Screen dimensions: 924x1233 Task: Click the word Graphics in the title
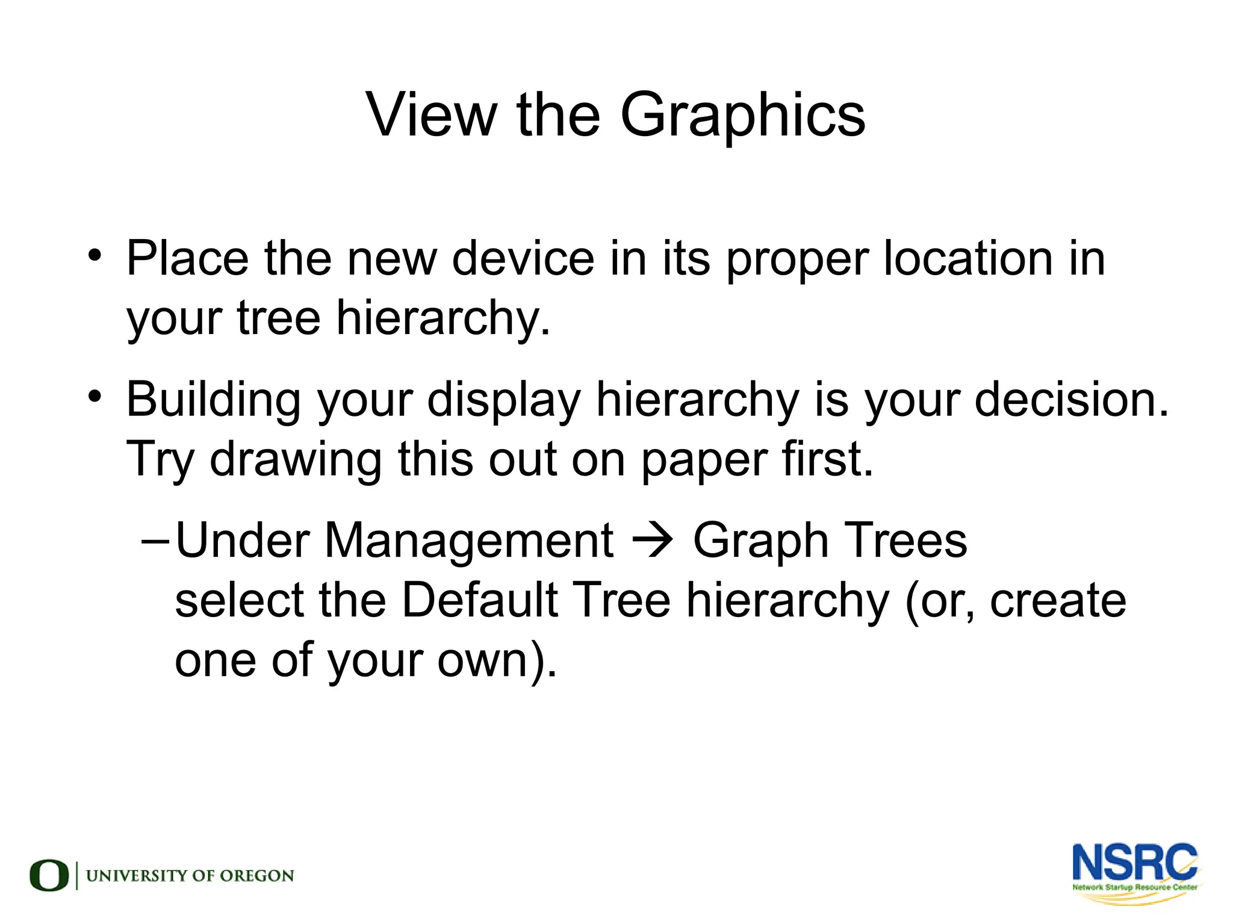pos(742,116)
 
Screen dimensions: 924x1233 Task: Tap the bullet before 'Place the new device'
pos(95,255)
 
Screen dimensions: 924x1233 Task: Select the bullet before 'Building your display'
pos(95,397)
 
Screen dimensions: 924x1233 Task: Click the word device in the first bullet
pos(523,259)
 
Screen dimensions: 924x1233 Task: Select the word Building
pos(213,401)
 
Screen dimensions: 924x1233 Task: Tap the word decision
pos(1070,400)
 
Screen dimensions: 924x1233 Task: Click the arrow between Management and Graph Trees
pos(653,541)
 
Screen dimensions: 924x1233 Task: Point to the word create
pos(1058,601)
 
